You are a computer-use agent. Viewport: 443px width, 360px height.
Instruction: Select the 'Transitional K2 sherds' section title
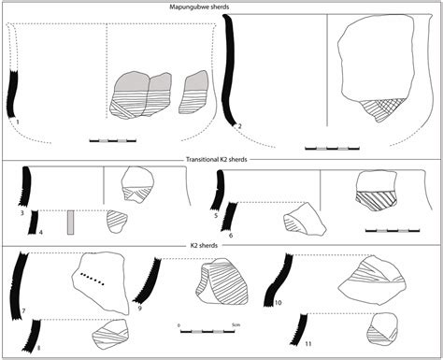pyautogui.click(x=221, y=161)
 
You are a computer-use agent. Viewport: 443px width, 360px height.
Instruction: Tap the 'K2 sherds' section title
pyautogui.click(x=221, y=246)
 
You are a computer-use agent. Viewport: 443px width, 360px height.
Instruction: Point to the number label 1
pyautogui.click(x=18, y=122)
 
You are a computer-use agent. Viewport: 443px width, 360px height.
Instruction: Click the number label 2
pyautogui.click(x=240, y=125)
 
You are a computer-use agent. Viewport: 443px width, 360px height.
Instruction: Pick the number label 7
pyautogui.click(x=21, y=309)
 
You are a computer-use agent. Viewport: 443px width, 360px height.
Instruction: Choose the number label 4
pyautogui.click(x=40, y=230)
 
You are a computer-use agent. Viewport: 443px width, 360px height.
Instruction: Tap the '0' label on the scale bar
pyautogui.click(x=178, y=324)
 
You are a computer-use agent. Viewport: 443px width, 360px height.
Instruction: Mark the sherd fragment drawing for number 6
pyautogui.click(x=301, y=219)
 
